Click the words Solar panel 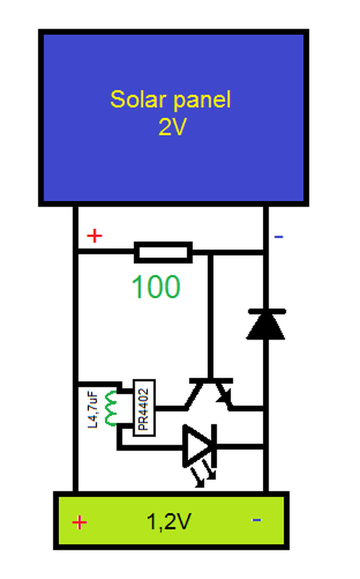(171, 100)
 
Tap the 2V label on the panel (172, 128)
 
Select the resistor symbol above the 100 (163, 252)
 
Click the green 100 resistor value (156, 287)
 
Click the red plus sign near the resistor (94, 236)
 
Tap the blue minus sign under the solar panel (278, 236)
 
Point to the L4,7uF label (94, 407)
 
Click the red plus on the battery (80, 522)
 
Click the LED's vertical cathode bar (214, 446)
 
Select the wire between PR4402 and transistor (170, 407)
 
